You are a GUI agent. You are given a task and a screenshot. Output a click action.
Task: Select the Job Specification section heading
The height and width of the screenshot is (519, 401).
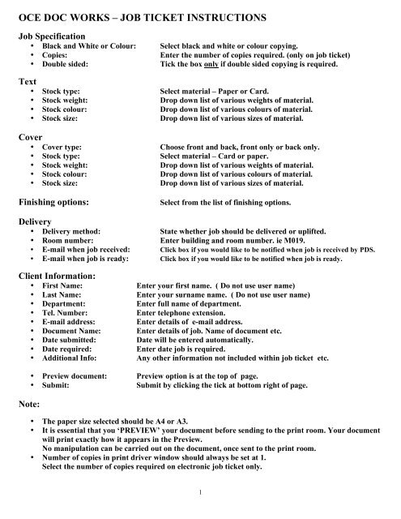53,37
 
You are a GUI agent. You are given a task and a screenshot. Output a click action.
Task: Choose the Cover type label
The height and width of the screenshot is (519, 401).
62,148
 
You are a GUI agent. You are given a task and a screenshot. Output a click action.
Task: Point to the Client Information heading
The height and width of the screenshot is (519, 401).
61,275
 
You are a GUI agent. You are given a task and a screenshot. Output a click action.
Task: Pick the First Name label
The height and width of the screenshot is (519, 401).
63,286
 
